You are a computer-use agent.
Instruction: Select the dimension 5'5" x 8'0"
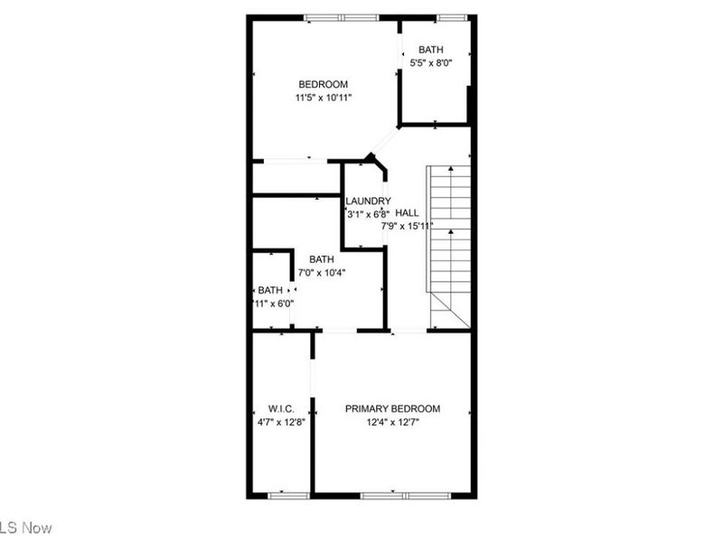[x=430, y=63]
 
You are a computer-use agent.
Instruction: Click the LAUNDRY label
[x=368, y=201]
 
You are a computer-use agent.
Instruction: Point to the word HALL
[x=407, y=213]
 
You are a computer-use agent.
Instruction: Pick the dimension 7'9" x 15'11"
[x=407, y=226]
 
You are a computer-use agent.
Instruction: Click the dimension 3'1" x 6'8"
[x=368, y=214]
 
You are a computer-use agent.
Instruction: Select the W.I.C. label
[x=281, y=408]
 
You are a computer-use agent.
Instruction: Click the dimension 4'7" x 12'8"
[x=281, y=422]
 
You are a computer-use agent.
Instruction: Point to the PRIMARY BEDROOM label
[x=392, y=408]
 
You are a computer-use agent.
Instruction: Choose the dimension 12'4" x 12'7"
[x=392, y=422]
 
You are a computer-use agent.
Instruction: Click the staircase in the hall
[x=449, y=244]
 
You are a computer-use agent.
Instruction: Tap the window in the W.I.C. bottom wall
[x=287, y=495]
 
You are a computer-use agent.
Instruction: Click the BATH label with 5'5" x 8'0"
[x=430, y=50]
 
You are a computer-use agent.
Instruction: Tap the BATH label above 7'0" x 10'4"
[x=321, y=259]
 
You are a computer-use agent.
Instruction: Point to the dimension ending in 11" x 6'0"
[x=274, y=304]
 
